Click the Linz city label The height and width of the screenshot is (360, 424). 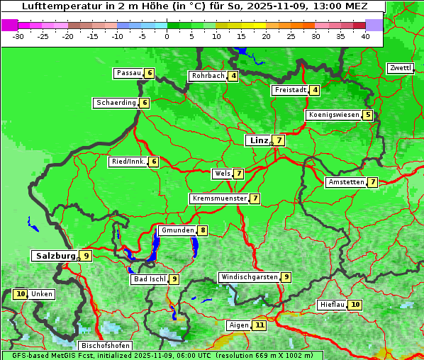tap(258, 140)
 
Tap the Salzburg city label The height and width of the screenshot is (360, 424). tap(55, 256)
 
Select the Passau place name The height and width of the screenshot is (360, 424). tap(128, 73)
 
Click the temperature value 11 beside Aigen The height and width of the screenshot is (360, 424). tap(260, 325)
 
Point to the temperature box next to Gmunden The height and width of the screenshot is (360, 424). tap(203, 230)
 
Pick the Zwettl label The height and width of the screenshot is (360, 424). tap(400, 68)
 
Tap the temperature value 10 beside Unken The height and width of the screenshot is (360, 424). tap(20, 294)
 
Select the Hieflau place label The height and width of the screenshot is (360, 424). tap(332, 305)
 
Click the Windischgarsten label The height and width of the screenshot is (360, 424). tap(249, 277)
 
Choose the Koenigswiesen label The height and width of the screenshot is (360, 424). tap(333, 115)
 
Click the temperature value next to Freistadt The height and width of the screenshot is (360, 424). tap(315, 90)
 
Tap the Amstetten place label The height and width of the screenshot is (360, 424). tap(345, 182)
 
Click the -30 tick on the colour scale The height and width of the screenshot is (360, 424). tap(18, 36)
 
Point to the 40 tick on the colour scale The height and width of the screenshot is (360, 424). tap(365, 36)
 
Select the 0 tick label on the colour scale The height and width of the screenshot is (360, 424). tap(167, 36)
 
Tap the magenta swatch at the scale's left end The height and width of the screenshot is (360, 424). tap(9, 25)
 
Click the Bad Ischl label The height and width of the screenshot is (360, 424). tap(148, 279)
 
